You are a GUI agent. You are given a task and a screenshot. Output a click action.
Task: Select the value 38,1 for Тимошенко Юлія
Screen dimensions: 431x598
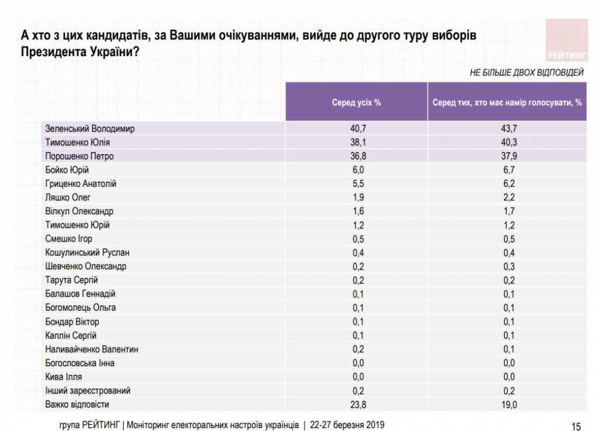[356, 142]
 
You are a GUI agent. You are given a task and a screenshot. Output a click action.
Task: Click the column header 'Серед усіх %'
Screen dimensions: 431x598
[356, 102]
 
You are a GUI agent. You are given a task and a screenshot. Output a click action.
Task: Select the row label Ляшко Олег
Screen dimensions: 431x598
[68, 197]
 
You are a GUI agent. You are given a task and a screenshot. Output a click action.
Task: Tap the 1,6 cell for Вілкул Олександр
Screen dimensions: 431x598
[356, 211]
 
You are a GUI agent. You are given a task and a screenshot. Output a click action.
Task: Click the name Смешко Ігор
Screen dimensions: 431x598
[68, 238]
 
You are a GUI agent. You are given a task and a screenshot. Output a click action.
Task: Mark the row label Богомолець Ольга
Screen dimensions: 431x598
[80, 307]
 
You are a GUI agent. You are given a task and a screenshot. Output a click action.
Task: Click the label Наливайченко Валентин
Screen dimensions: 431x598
[91, 349]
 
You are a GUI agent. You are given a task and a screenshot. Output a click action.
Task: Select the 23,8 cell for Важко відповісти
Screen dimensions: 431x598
[356, 404]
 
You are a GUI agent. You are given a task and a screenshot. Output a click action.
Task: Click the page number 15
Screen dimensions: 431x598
[576, 425]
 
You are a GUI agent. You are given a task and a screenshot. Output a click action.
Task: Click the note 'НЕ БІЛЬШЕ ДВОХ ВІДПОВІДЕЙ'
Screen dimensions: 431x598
[526, 73]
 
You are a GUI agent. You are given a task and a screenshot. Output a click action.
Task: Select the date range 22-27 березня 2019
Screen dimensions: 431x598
[347, 425]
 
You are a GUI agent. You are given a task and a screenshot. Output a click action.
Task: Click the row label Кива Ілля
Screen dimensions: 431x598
[63, 377]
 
